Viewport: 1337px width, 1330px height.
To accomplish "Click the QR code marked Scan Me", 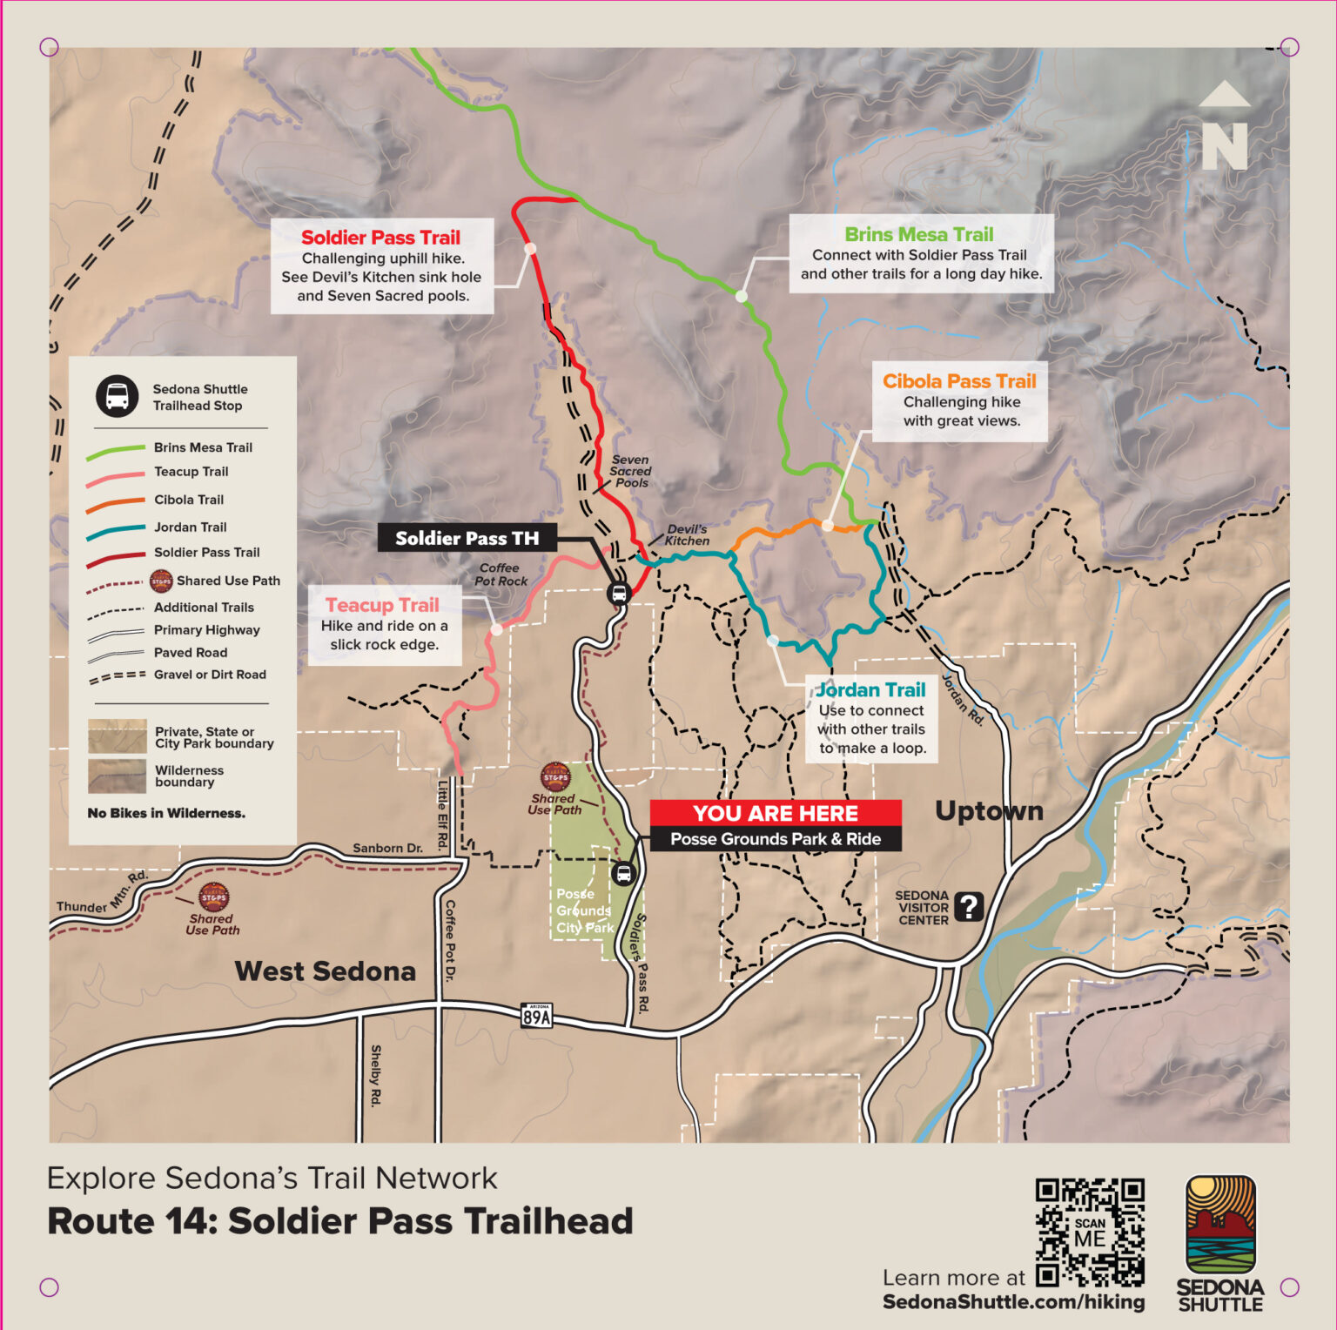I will click(1090, 1232).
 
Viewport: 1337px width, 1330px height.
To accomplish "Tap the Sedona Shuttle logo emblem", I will click(1220, 1225).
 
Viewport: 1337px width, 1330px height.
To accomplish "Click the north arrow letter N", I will click(1225, 146).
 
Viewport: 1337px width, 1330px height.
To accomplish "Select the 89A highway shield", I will click(536, 1015).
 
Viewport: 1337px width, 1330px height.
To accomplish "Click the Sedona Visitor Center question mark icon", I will click(968, 907).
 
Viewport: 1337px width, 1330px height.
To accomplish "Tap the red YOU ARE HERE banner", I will click(775, 813).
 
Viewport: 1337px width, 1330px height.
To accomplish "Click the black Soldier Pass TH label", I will click(467, 538).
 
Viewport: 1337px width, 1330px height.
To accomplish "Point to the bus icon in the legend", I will click(117, 397).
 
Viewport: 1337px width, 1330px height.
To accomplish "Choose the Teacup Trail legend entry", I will click(191, 472).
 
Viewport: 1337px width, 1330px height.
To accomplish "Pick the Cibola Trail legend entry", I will click(188, 500).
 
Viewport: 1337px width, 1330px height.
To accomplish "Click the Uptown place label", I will click(989, 810).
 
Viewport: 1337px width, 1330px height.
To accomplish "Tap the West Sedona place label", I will click(325, 971).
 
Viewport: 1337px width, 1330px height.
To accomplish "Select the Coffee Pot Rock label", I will click(501, 574).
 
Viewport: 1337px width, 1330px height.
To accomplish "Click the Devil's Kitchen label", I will click(687, 534).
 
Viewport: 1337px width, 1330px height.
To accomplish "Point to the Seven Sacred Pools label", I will click(630, 471).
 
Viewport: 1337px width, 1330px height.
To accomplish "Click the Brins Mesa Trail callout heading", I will click(918, 234).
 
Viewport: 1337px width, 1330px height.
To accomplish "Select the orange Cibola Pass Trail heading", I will click(959, 381).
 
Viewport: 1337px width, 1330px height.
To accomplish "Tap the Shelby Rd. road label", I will click(376, 1076).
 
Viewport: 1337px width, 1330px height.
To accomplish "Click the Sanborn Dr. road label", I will click(387, 848).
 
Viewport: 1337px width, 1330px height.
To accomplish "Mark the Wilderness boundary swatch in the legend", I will click(117, 776).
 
